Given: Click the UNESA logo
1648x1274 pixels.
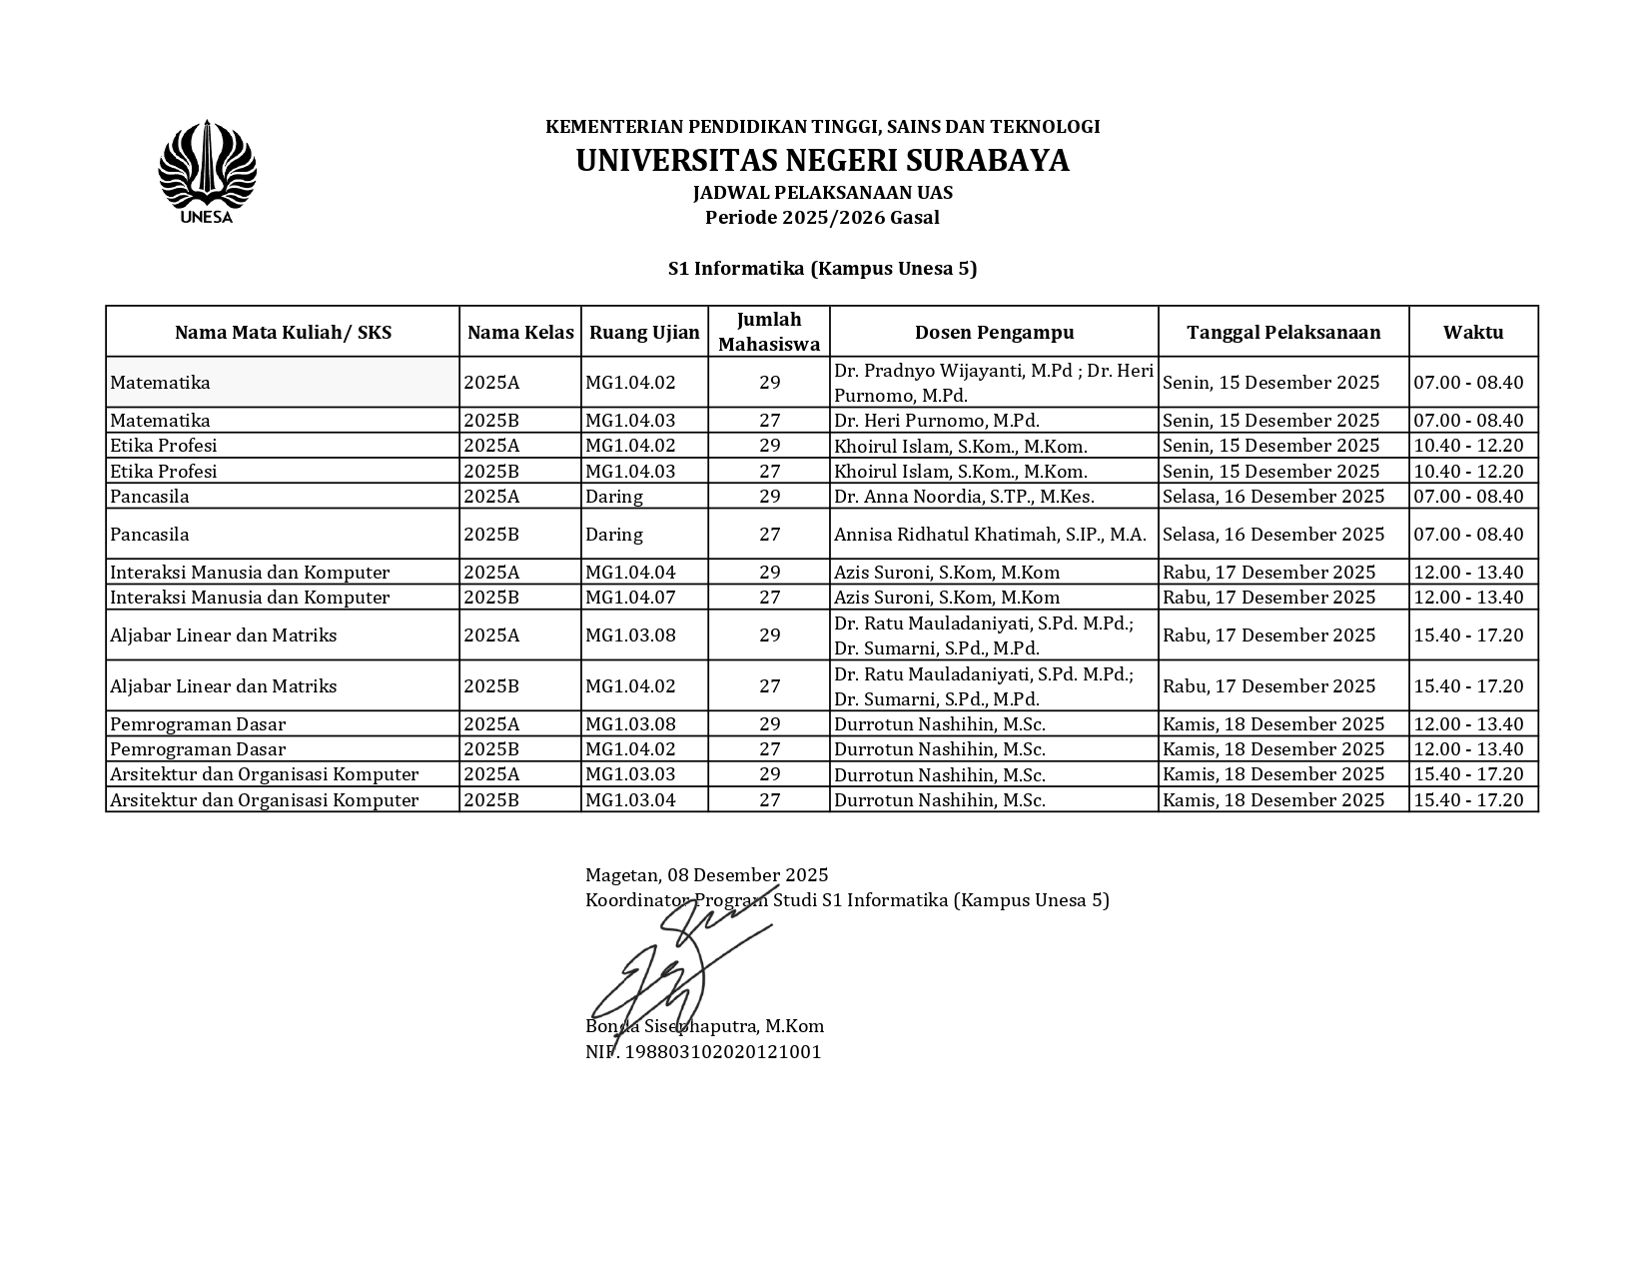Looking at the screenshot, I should [207, 172].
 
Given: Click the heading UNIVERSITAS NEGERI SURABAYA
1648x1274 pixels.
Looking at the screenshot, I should [822, 161].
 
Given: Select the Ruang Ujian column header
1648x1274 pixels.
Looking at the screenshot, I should [644, 333].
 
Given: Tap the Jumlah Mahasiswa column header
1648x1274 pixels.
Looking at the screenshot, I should [769, 332].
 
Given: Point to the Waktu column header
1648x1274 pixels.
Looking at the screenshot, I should [1472, 333].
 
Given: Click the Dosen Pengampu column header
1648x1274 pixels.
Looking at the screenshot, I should [994, 333].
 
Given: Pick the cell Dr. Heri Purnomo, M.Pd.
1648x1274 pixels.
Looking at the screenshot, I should [937, 421].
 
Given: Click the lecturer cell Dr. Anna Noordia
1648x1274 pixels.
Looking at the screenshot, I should [964, 497].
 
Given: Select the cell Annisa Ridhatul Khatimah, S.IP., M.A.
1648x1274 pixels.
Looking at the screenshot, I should [990, 535].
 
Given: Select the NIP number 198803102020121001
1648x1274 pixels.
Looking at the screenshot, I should [703, 1052].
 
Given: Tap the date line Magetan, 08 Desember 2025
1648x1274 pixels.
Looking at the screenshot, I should [706, 876].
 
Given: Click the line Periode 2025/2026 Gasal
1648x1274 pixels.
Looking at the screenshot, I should [822, 218].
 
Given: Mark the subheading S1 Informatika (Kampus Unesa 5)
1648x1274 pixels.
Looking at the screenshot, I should [822, 269].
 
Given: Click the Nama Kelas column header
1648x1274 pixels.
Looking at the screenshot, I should [520, 333].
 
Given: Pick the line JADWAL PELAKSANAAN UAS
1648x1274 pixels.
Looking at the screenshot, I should [822, 193].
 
